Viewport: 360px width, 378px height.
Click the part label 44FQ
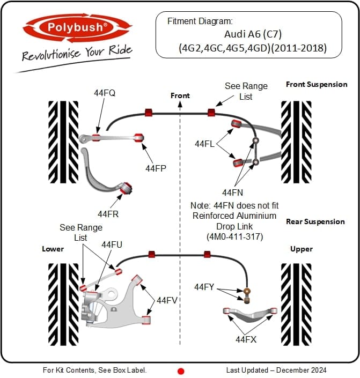[105, 93]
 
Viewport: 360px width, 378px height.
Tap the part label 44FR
[108, 214]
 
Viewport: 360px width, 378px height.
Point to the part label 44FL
[205, 144]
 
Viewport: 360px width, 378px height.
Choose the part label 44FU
[112, 244]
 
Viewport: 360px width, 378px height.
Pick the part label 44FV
[167, 300]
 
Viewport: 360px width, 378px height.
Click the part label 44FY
[204, 287]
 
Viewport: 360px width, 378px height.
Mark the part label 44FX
[246, 339]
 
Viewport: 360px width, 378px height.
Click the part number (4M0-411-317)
[234, 235]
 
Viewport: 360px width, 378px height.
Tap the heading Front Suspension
[316, 84]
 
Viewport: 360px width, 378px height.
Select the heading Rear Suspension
[315, 221]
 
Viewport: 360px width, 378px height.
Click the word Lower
[53, 249]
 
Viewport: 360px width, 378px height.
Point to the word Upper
[301, 249]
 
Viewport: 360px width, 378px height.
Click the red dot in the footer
[181, 370]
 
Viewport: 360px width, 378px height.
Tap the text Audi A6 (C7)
[248, 34]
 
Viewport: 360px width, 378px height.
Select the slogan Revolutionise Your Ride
[77, 54]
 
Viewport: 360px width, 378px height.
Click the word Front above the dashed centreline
[180, 95]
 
